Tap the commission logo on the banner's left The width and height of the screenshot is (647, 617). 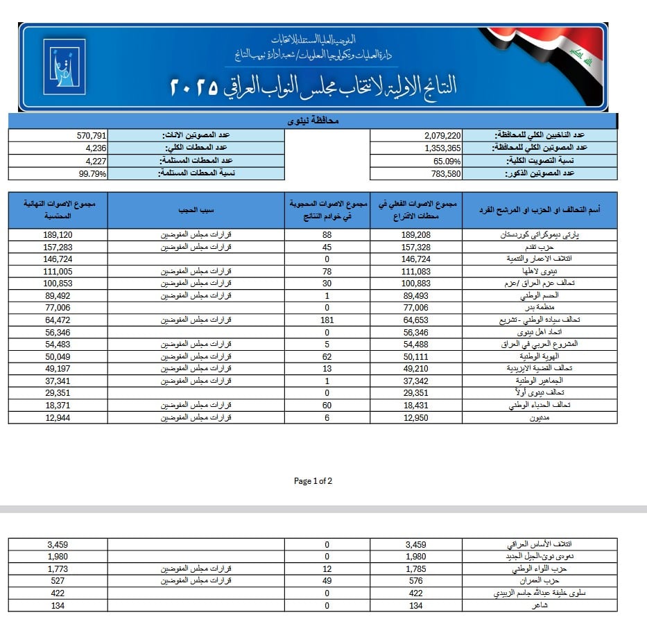[x=64, y=67]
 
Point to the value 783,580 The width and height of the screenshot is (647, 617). [x=445, y=173]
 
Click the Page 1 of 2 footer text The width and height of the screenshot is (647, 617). [x=313, y=480]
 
